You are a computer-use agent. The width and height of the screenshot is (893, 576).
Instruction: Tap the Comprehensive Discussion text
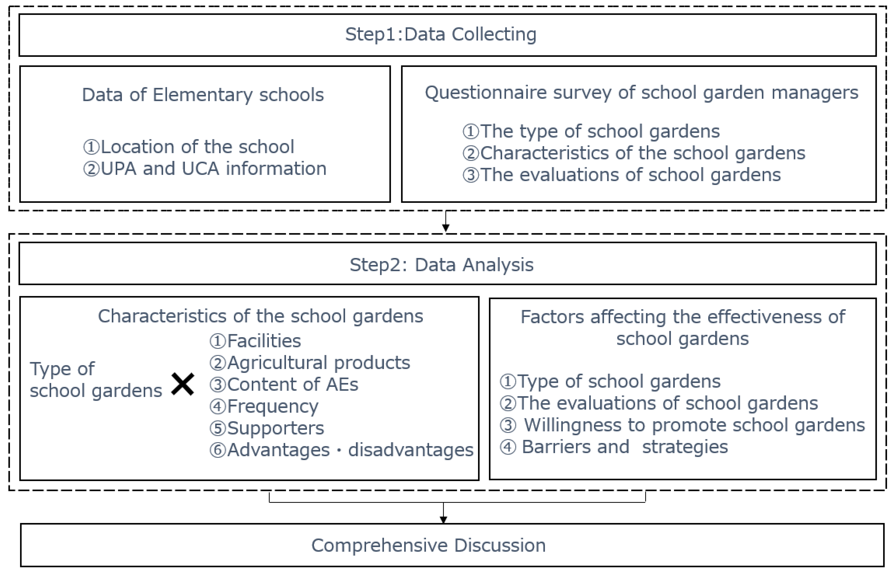click(x=428, y=545)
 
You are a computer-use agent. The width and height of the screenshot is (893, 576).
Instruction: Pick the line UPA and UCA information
click(x=204, y=169)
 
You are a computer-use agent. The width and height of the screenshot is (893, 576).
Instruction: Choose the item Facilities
click(x=255, y=341)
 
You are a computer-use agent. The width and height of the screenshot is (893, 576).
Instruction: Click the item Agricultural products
click(x=310, y=363)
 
